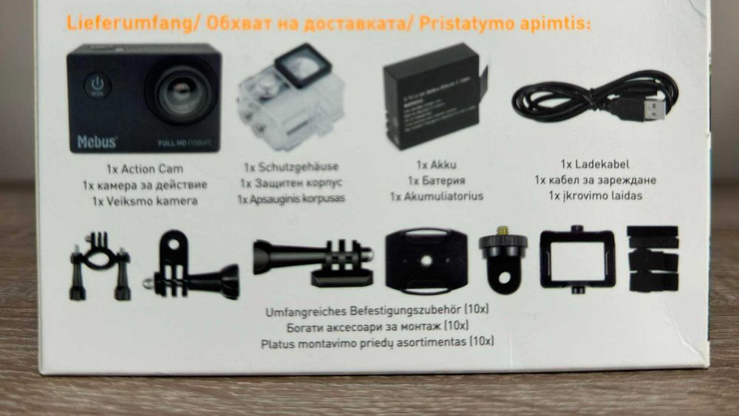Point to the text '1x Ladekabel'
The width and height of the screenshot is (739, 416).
pos(595,164)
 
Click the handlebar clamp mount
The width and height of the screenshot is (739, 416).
pos(99,267)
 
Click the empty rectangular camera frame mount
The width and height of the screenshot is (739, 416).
pos(577,259)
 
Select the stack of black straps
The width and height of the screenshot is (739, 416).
pos(652,259)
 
